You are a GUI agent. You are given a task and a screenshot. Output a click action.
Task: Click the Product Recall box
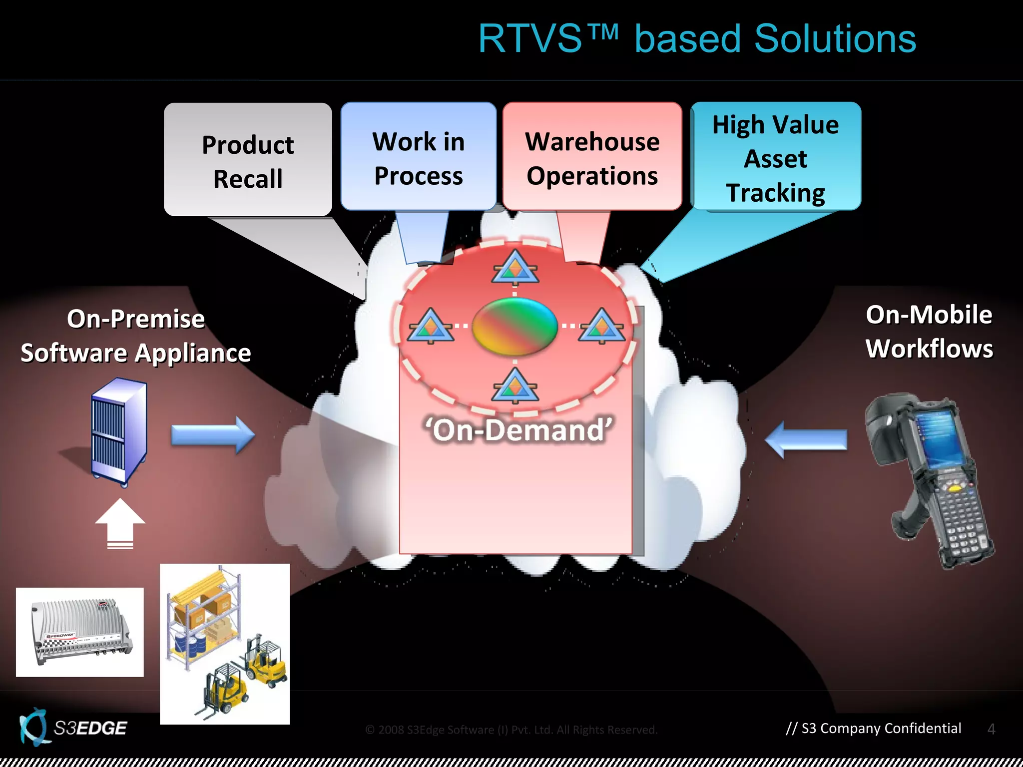pyautogui.click(x=248, y=160)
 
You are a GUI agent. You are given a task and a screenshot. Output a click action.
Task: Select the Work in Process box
pyautogui.click(x=419, y=157)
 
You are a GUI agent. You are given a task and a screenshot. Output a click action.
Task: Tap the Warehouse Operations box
pyautogui.click(x=592, y=157)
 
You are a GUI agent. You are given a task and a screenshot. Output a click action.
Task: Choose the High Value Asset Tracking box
pyautogui.click(x=776, y=157)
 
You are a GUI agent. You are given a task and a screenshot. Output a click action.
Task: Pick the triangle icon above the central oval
pyautogui.click(x=515, y=268)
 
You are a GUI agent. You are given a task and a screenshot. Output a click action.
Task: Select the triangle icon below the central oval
pyautogui.click(x=515, y=386)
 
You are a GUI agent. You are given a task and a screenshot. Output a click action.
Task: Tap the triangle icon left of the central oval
pyautogui.click(x=430, y=326)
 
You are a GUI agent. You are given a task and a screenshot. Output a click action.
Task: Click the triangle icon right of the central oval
pyautogui.click(x=601, y=326)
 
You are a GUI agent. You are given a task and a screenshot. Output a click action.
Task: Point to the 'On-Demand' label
pyautogui.click(x=518, y=429)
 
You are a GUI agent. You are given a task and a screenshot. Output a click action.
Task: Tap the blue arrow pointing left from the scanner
pyautogui.click(x=806, y=440)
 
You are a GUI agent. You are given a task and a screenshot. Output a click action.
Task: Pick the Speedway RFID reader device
pyautogui.click(x=80, y=633)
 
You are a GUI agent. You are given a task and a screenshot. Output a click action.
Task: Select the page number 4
pyautogui.click(x=991, y=729)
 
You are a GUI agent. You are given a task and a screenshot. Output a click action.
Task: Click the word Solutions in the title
pyautogui.click(x=835, y=39)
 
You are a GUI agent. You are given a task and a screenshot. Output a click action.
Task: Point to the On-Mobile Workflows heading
pyautogui.click(x=929, y=332)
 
